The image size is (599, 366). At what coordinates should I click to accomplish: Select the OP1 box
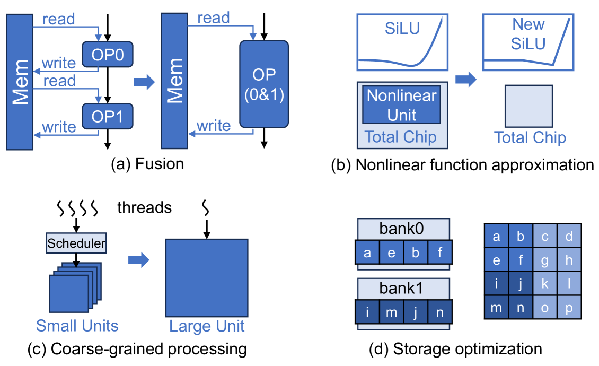(x=108, y=116)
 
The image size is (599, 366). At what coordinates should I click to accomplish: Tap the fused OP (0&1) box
(x=264, y=85)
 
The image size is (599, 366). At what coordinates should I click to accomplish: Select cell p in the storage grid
(x=569, y=308)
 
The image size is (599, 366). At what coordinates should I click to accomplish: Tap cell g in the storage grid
(x=544, y=260)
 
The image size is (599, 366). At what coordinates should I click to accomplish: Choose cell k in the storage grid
(x=544, y=284)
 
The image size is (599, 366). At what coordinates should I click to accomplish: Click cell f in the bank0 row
(x=439, y=252)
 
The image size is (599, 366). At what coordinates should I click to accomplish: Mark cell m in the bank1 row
(x=391, y=312)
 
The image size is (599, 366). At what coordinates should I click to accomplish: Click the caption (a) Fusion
(x=147, y=164)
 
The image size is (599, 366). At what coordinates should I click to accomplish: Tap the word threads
(x=145, y=207)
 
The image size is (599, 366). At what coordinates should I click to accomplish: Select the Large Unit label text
(x=207, y=325)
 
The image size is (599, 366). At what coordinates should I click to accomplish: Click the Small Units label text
(x=77, y=325)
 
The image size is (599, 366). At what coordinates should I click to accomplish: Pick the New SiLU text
(x=528, y=33)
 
